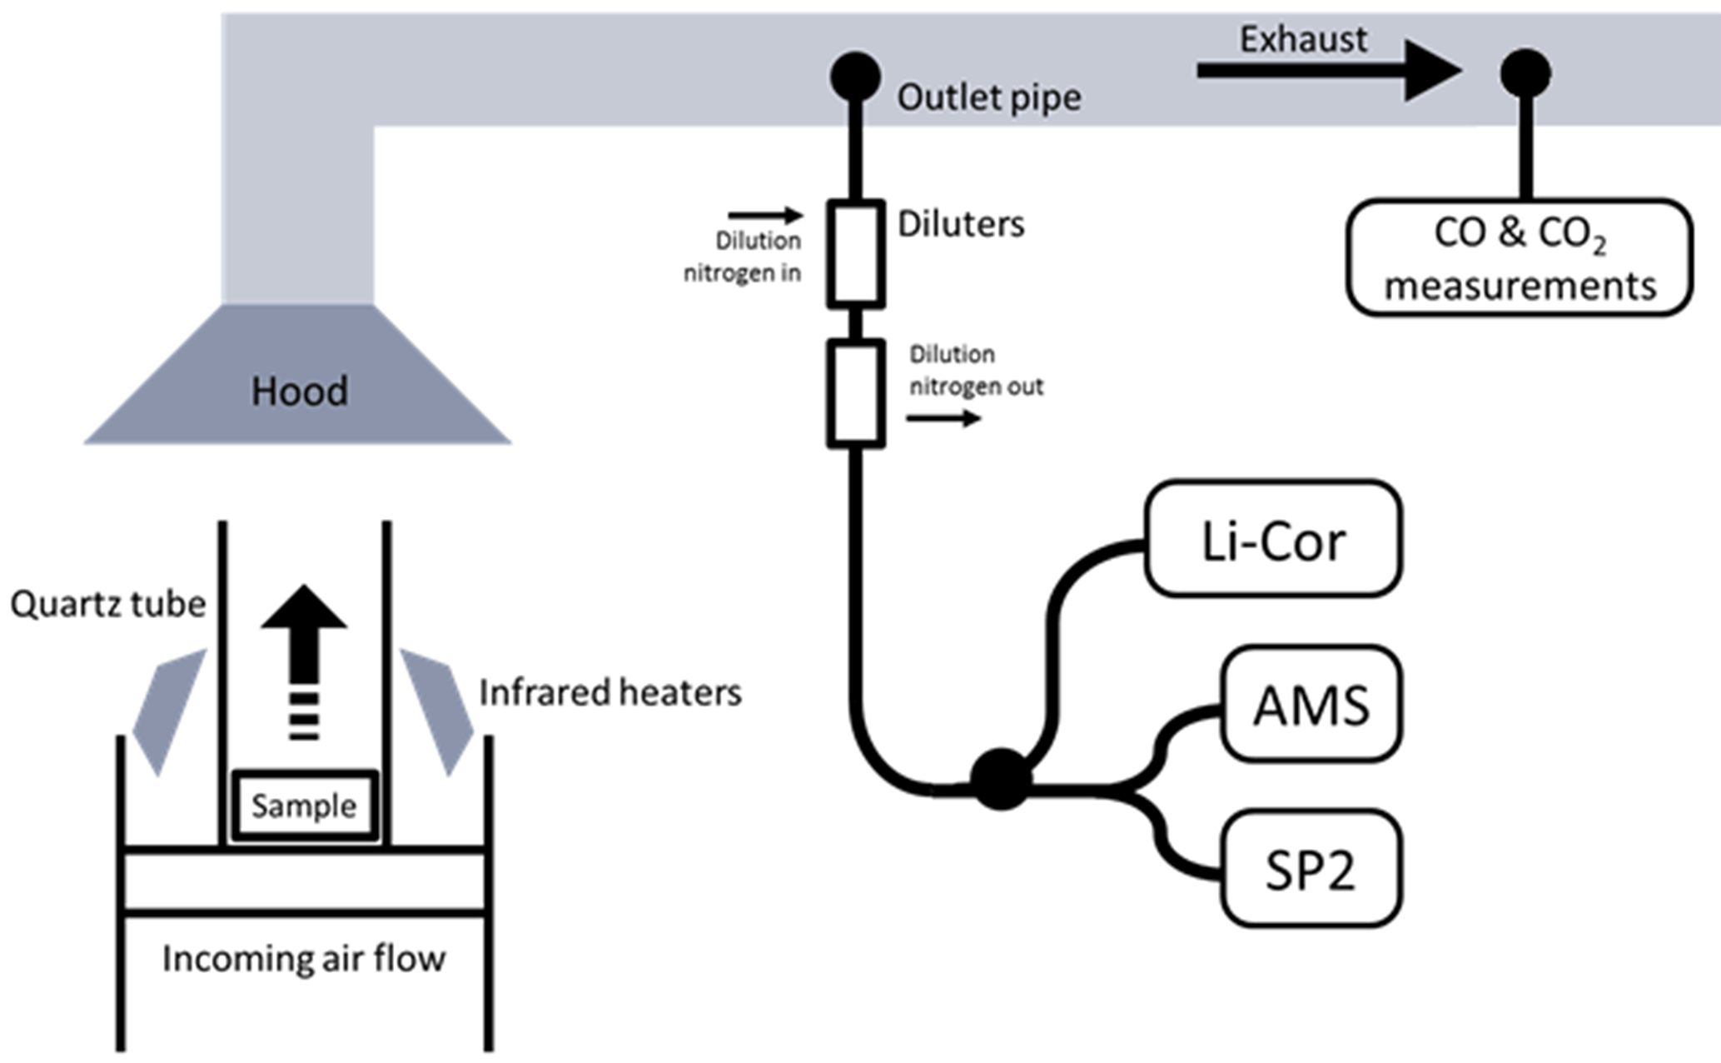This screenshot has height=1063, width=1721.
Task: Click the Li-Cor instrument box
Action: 1273,539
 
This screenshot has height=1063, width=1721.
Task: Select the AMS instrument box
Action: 1311,704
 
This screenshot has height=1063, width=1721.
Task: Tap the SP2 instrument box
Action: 1311,868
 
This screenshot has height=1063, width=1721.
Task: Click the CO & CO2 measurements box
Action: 1520,257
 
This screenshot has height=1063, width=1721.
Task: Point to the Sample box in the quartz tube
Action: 305,806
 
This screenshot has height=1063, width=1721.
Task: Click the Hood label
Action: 300,392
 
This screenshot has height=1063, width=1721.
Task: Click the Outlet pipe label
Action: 988,97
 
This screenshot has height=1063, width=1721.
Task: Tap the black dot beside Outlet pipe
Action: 855,77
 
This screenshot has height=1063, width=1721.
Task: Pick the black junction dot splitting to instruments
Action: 1001,779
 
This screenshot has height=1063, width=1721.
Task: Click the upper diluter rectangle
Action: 856,253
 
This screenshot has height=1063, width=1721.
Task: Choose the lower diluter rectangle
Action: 856,393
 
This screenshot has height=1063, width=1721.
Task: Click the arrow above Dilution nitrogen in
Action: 765,216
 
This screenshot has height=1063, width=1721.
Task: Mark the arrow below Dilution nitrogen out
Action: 943,417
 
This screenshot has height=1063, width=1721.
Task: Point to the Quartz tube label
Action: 107,604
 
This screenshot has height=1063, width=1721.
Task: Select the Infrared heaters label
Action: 610,692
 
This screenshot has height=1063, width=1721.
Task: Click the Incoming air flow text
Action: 304,958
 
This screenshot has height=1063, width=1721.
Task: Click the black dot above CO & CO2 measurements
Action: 1525,73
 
